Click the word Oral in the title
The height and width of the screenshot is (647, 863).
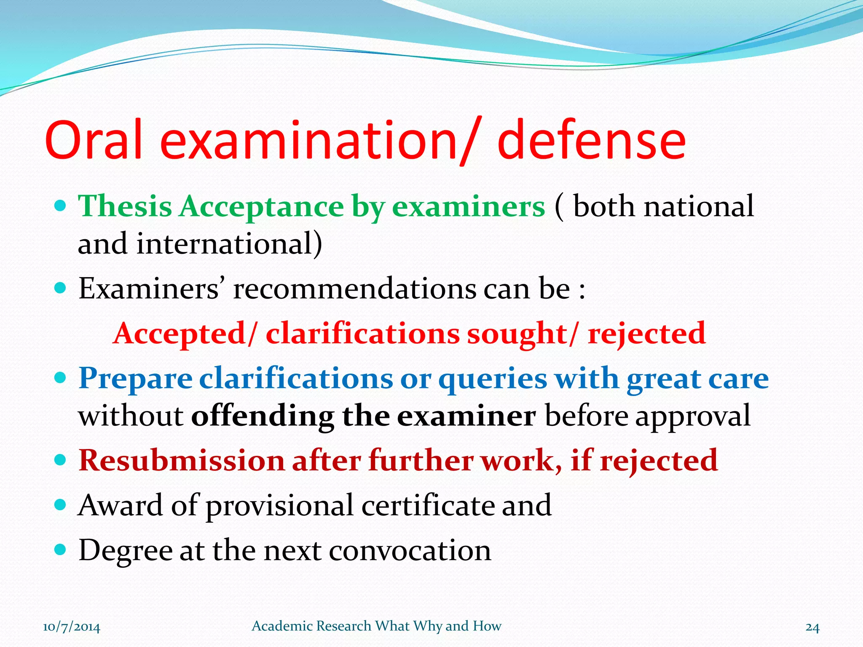94,140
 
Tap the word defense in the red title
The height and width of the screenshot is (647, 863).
592,140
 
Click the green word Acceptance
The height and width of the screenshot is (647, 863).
262,206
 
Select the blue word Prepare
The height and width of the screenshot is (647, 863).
135,378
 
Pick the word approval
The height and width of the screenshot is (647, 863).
693,416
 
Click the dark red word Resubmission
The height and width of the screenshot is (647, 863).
181,460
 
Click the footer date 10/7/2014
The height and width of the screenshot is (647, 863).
72,627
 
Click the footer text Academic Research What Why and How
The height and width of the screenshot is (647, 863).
376,626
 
